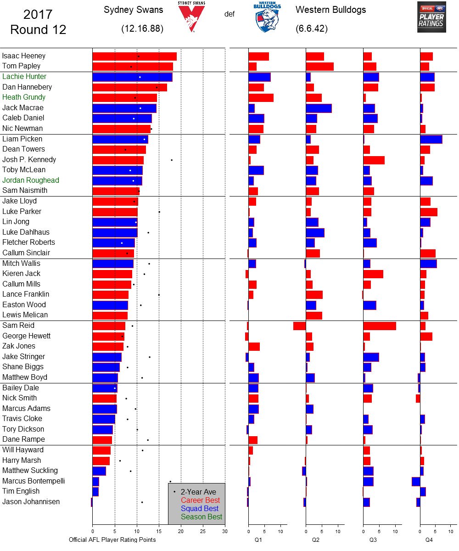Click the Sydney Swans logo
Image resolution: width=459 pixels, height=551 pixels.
[192, 17]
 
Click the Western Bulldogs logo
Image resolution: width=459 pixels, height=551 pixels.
[268, 17]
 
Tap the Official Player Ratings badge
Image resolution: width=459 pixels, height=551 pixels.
[431, 17]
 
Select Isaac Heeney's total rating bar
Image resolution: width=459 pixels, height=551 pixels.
[134, 56]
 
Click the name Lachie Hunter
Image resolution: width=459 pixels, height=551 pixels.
[24, 77]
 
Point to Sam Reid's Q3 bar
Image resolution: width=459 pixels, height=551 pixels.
[379, 326]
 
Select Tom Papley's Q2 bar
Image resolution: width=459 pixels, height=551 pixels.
[319, 67]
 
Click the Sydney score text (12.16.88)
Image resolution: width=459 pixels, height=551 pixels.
[142, 29]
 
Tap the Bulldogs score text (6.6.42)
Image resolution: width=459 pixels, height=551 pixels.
[311, 29]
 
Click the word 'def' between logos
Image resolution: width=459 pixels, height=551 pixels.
[229, 14]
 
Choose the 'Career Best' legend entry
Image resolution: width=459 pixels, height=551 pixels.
[200, 500]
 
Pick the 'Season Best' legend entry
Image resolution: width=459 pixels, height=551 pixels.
[202, 517]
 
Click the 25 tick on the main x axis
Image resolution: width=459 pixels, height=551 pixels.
[203, 532]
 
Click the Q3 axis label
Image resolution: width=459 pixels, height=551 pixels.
[373, 540]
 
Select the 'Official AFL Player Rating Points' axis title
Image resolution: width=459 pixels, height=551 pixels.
[112, 540]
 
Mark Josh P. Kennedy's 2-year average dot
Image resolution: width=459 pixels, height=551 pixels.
[172, 160]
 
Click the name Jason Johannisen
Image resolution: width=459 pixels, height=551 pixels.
[31, 502]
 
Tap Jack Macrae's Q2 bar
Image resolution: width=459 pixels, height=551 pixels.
[319, 108]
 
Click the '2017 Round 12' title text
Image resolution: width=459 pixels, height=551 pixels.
[38, 22]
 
